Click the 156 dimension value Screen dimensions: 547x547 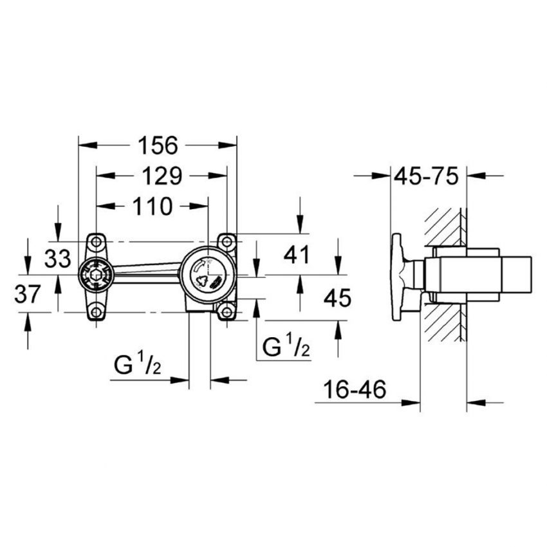point(158,146)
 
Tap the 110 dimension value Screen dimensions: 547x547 point(152,207)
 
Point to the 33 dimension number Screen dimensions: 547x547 point(58,259)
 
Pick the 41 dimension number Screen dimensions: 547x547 point(297,255)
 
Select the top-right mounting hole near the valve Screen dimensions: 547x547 point(227,241)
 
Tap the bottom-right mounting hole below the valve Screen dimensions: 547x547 point(227,313)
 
